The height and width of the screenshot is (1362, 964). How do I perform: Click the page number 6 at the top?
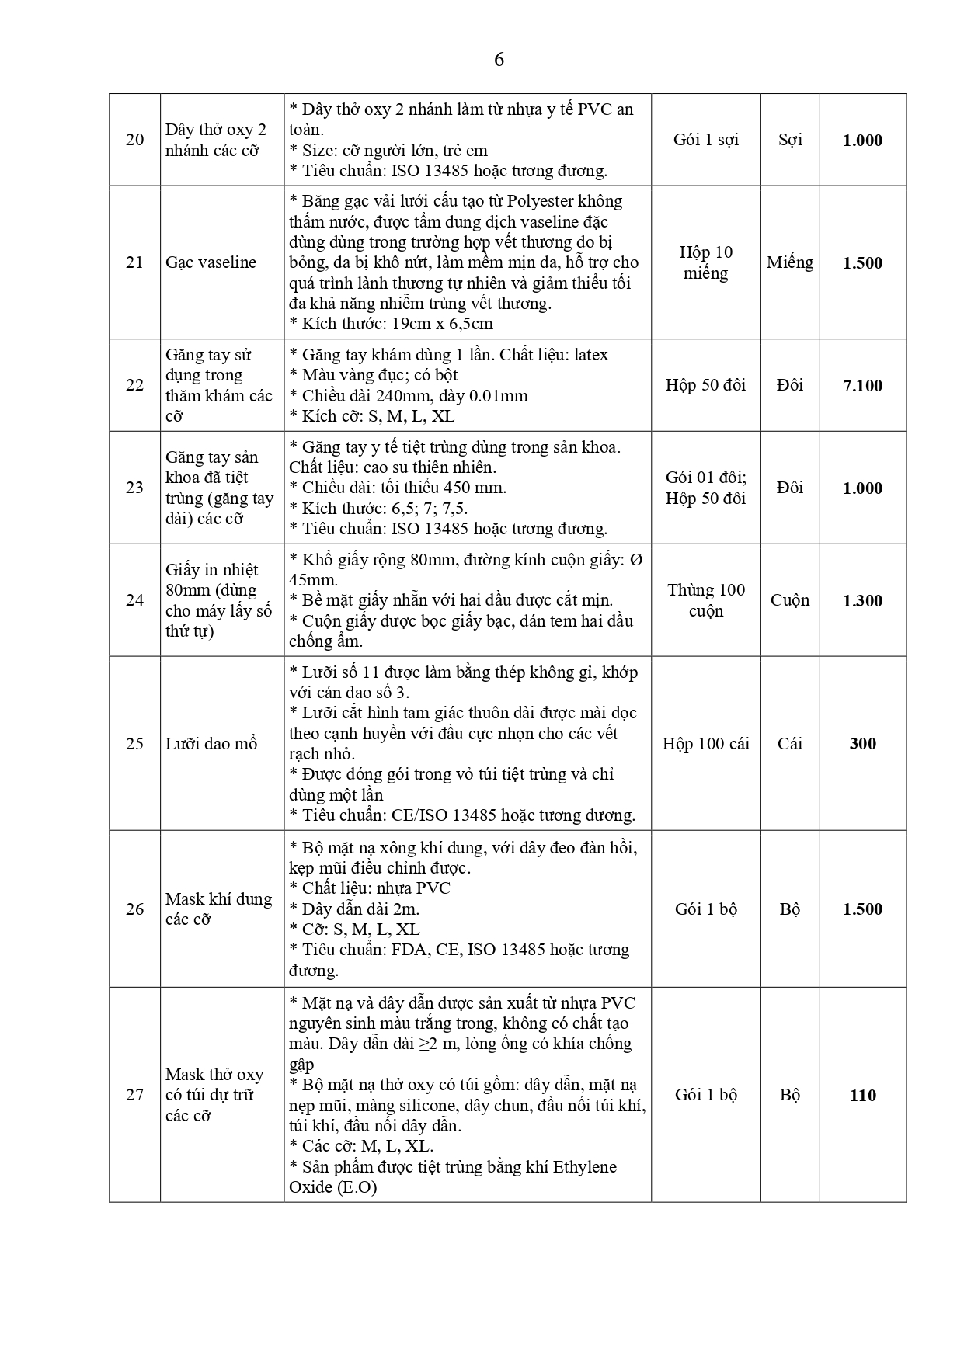(x=499, y=60)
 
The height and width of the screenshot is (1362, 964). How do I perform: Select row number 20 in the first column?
(x=134, y=140)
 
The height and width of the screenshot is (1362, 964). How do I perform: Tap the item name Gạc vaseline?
(x=211, y=262)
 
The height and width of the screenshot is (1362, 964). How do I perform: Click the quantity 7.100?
(x=862, y=385)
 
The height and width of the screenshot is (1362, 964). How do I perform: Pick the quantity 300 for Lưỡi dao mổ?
(x=862, y=744)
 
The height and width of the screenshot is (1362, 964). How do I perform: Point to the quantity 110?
(x=862, y=1095)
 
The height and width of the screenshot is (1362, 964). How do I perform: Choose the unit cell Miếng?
(x=790, y=262)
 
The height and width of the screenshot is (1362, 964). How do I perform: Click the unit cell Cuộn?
(x=790, y=600)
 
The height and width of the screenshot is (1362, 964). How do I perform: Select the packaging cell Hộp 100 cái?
(x=705, y=744)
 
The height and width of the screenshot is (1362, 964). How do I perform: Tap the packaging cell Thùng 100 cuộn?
(x=705, y=600)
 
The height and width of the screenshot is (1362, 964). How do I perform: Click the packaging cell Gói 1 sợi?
(x=705, y=140)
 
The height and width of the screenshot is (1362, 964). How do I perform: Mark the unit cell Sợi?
(x=790, y=140)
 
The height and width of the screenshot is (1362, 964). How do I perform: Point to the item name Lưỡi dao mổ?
(x=211, y=744)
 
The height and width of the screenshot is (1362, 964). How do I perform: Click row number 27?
(x=134, y=1095)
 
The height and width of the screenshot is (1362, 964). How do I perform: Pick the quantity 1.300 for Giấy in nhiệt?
(x=862, y=600)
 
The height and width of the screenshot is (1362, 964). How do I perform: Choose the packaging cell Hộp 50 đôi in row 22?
(x=705, y=385)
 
